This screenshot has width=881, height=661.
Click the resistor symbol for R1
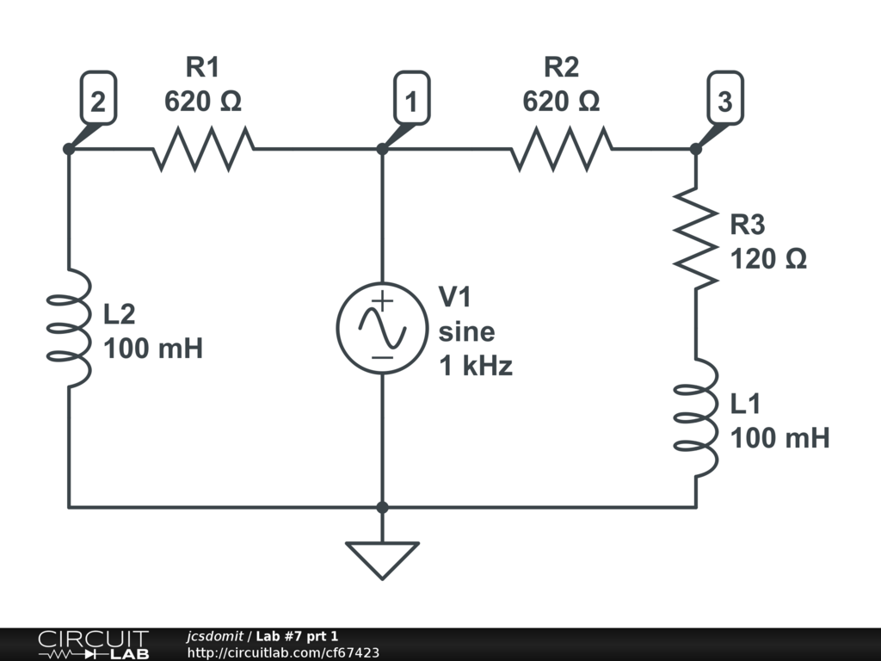click(x=203, y=149)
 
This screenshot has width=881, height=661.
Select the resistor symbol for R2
click(x=562, y=149)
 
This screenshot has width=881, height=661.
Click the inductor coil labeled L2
click(x=69, y=328)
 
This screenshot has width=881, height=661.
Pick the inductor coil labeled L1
click(x=696, y=417)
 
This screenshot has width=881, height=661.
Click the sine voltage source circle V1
click(x=382, y=328)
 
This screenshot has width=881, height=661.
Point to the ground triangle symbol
click(x=382, y=560)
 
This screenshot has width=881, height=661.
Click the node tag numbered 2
click(x=98, y=98)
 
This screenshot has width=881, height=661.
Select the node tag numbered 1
click(x=412, y=98)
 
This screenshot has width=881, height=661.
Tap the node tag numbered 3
click(x=725, y=98)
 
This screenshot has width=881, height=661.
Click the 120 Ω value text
click(x=768, y=259)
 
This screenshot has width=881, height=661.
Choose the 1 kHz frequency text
click(x=475, y=366)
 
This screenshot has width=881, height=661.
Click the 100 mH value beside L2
click(x=153, y=349)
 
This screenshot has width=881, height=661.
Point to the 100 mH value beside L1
click(x=779, y=438)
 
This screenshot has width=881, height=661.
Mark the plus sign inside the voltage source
click(x=383, y=301)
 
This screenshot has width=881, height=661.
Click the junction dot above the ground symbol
click(x=382, y=508)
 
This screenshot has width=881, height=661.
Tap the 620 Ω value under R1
click(x=203, y=102)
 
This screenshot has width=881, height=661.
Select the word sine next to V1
click(x=466, y=331)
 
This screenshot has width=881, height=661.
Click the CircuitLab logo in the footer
click(x=94, y=645)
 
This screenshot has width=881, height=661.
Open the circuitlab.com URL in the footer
click(x=283, y=652)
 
